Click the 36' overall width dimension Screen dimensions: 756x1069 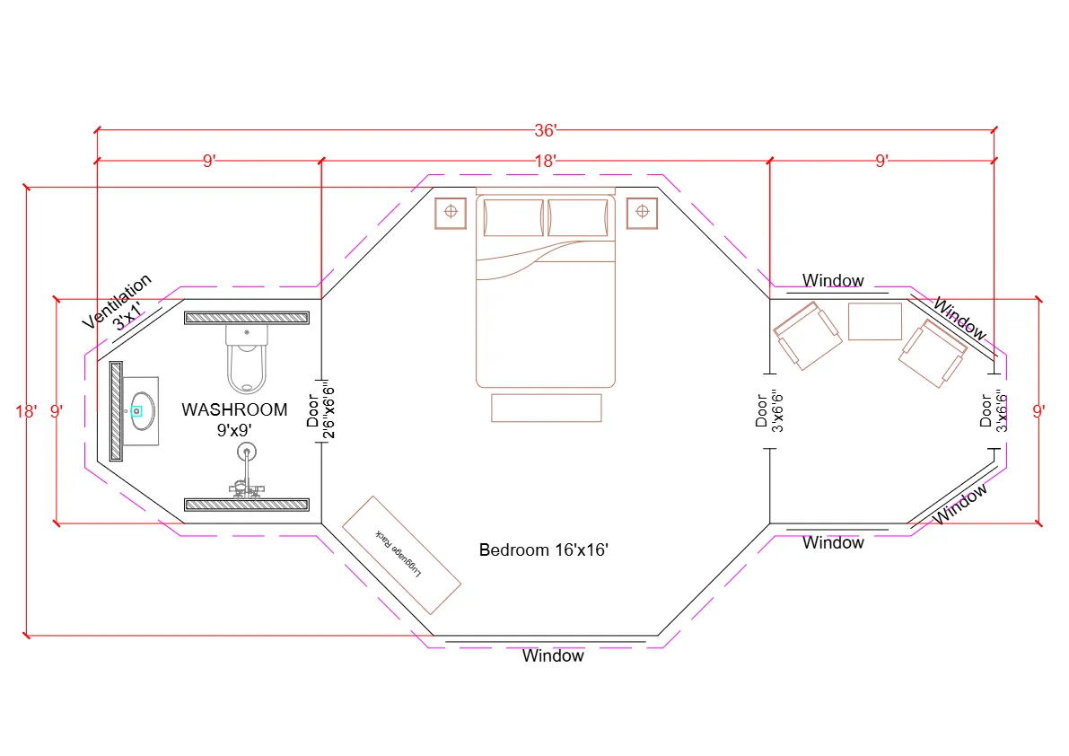pos(546,131)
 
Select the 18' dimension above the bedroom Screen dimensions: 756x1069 pos(546,161)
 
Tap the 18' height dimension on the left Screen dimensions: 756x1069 pos(26,411)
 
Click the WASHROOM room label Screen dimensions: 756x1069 pos(234,410)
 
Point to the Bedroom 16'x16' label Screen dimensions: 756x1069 pos(544,549)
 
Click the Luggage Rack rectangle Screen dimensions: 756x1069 pos(401,554)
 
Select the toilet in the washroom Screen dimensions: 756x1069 pos(247,359)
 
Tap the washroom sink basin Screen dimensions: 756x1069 pos(142,411)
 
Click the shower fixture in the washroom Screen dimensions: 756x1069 pos(245,471)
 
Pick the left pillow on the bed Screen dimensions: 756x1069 pos(513,217)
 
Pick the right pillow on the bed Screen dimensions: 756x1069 pos(578,217)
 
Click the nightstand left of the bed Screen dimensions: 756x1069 pos(451,212)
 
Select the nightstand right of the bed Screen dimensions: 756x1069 pos(642,212)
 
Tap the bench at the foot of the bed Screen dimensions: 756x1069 pos(546,408)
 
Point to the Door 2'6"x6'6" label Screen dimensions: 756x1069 pos(320,409)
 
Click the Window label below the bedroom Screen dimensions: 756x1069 pos(553,655)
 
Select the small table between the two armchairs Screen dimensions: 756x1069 pos(874,321)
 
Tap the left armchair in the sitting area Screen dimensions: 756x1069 pos(808,335)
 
